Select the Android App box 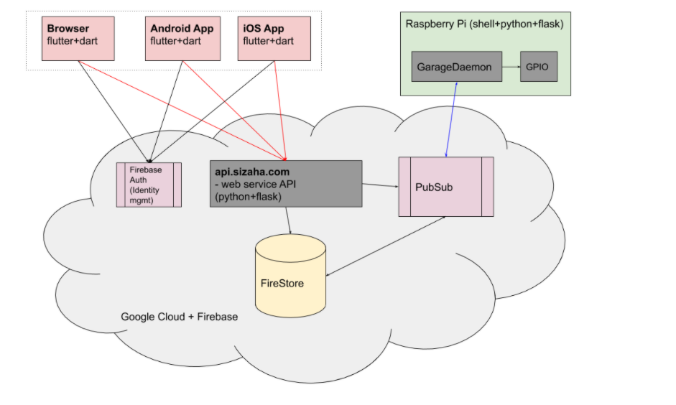point(182,38)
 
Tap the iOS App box point(274,38)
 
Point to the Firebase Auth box point(149,185)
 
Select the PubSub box point(445,187)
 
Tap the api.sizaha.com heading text point(252,172)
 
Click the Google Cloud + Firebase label point(179,317)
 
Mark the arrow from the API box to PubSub point(380,185)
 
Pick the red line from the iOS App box point(279,108)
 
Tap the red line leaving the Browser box point(180,109)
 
